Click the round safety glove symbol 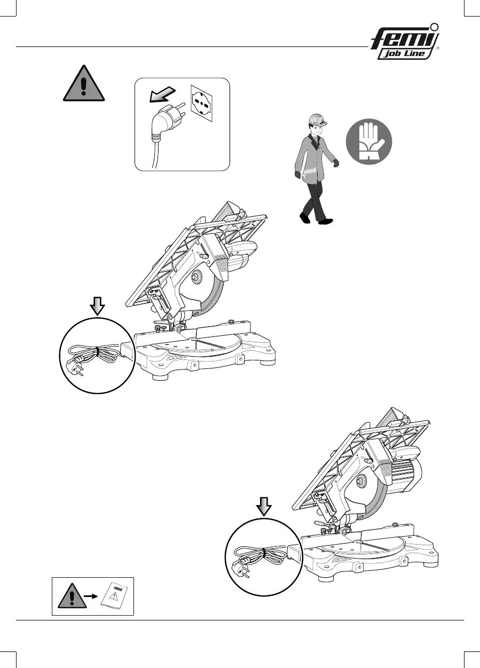369,141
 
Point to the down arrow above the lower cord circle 263,506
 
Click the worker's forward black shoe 325,221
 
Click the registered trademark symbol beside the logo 437,48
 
